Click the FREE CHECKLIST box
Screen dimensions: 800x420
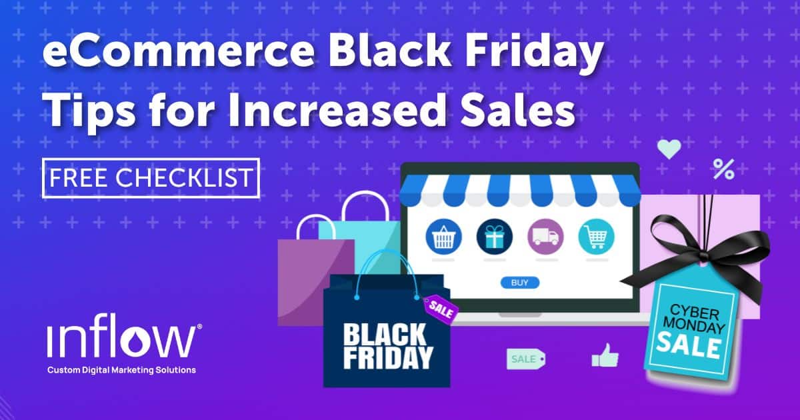(x=151, y=178)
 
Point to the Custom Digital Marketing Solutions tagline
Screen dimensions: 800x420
(x=121, y=370)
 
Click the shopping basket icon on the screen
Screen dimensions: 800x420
(x=443, y=237)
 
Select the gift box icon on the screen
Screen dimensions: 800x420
(x=494, y=237)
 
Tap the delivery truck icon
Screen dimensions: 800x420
(x=545, y=237)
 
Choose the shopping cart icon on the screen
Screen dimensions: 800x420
(x=596, y=237)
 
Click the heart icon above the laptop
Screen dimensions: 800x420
(x=669, y=149)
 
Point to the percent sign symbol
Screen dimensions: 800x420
(x=724, y=169)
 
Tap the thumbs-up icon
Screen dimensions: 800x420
(x=605, y=356)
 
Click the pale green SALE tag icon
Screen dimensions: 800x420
(x=526, y=359)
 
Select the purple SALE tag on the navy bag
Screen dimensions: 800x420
(x=441, y=309)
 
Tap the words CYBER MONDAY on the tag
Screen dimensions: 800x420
(x=693, y=319)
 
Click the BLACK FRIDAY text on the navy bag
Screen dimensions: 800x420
(x=388, y=346)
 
